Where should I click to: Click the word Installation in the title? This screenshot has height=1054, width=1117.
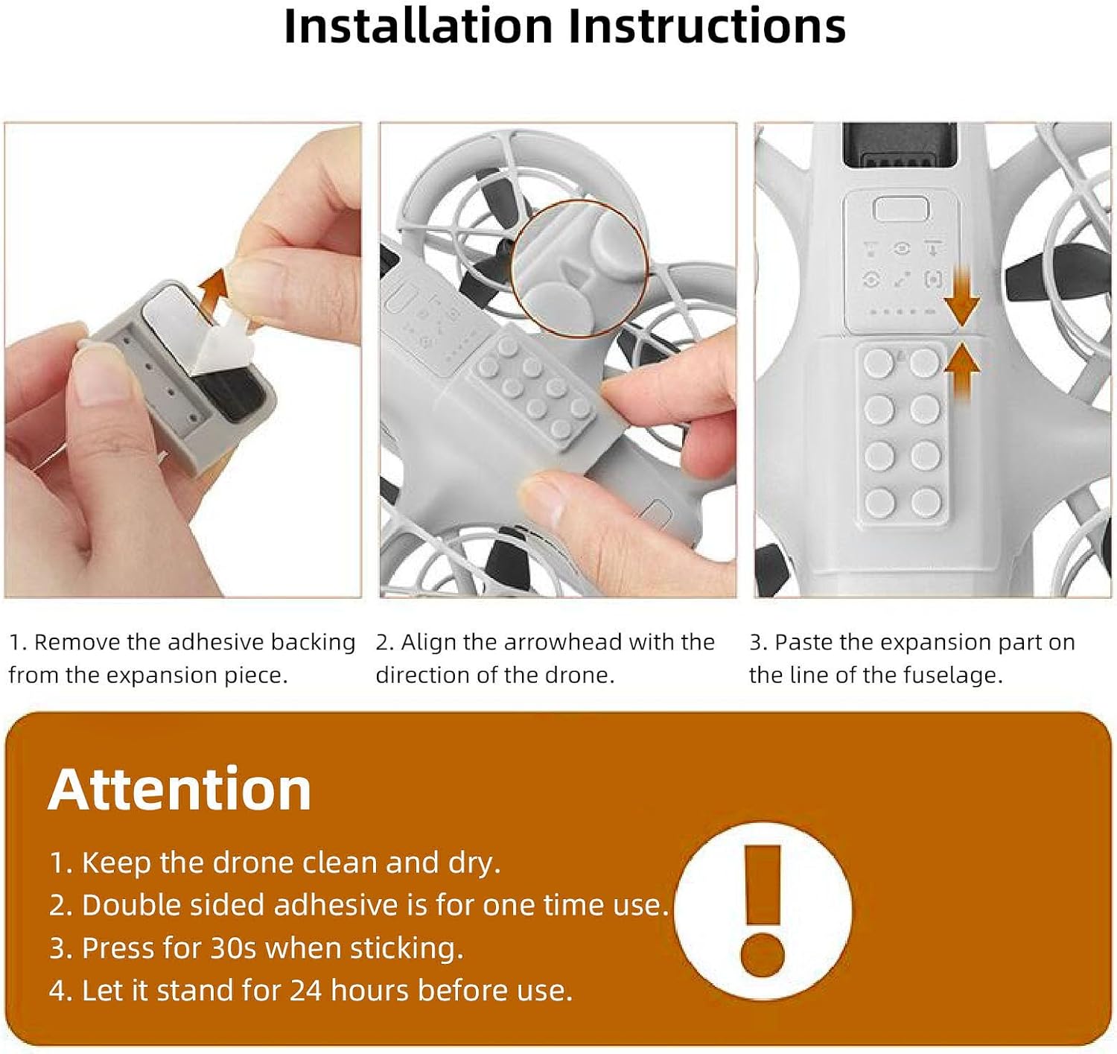419,26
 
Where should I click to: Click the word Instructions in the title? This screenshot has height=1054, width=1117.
707,26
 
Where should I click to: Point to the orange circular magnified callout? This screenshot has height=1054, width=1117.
579,268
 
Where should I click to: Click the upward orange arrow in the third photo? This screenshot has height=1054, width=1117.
962,372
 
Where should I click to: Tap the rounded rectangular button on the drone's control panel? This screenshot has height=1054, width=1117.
901,209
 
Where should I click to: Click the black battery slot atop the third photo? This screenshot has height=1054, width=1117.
900,145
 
